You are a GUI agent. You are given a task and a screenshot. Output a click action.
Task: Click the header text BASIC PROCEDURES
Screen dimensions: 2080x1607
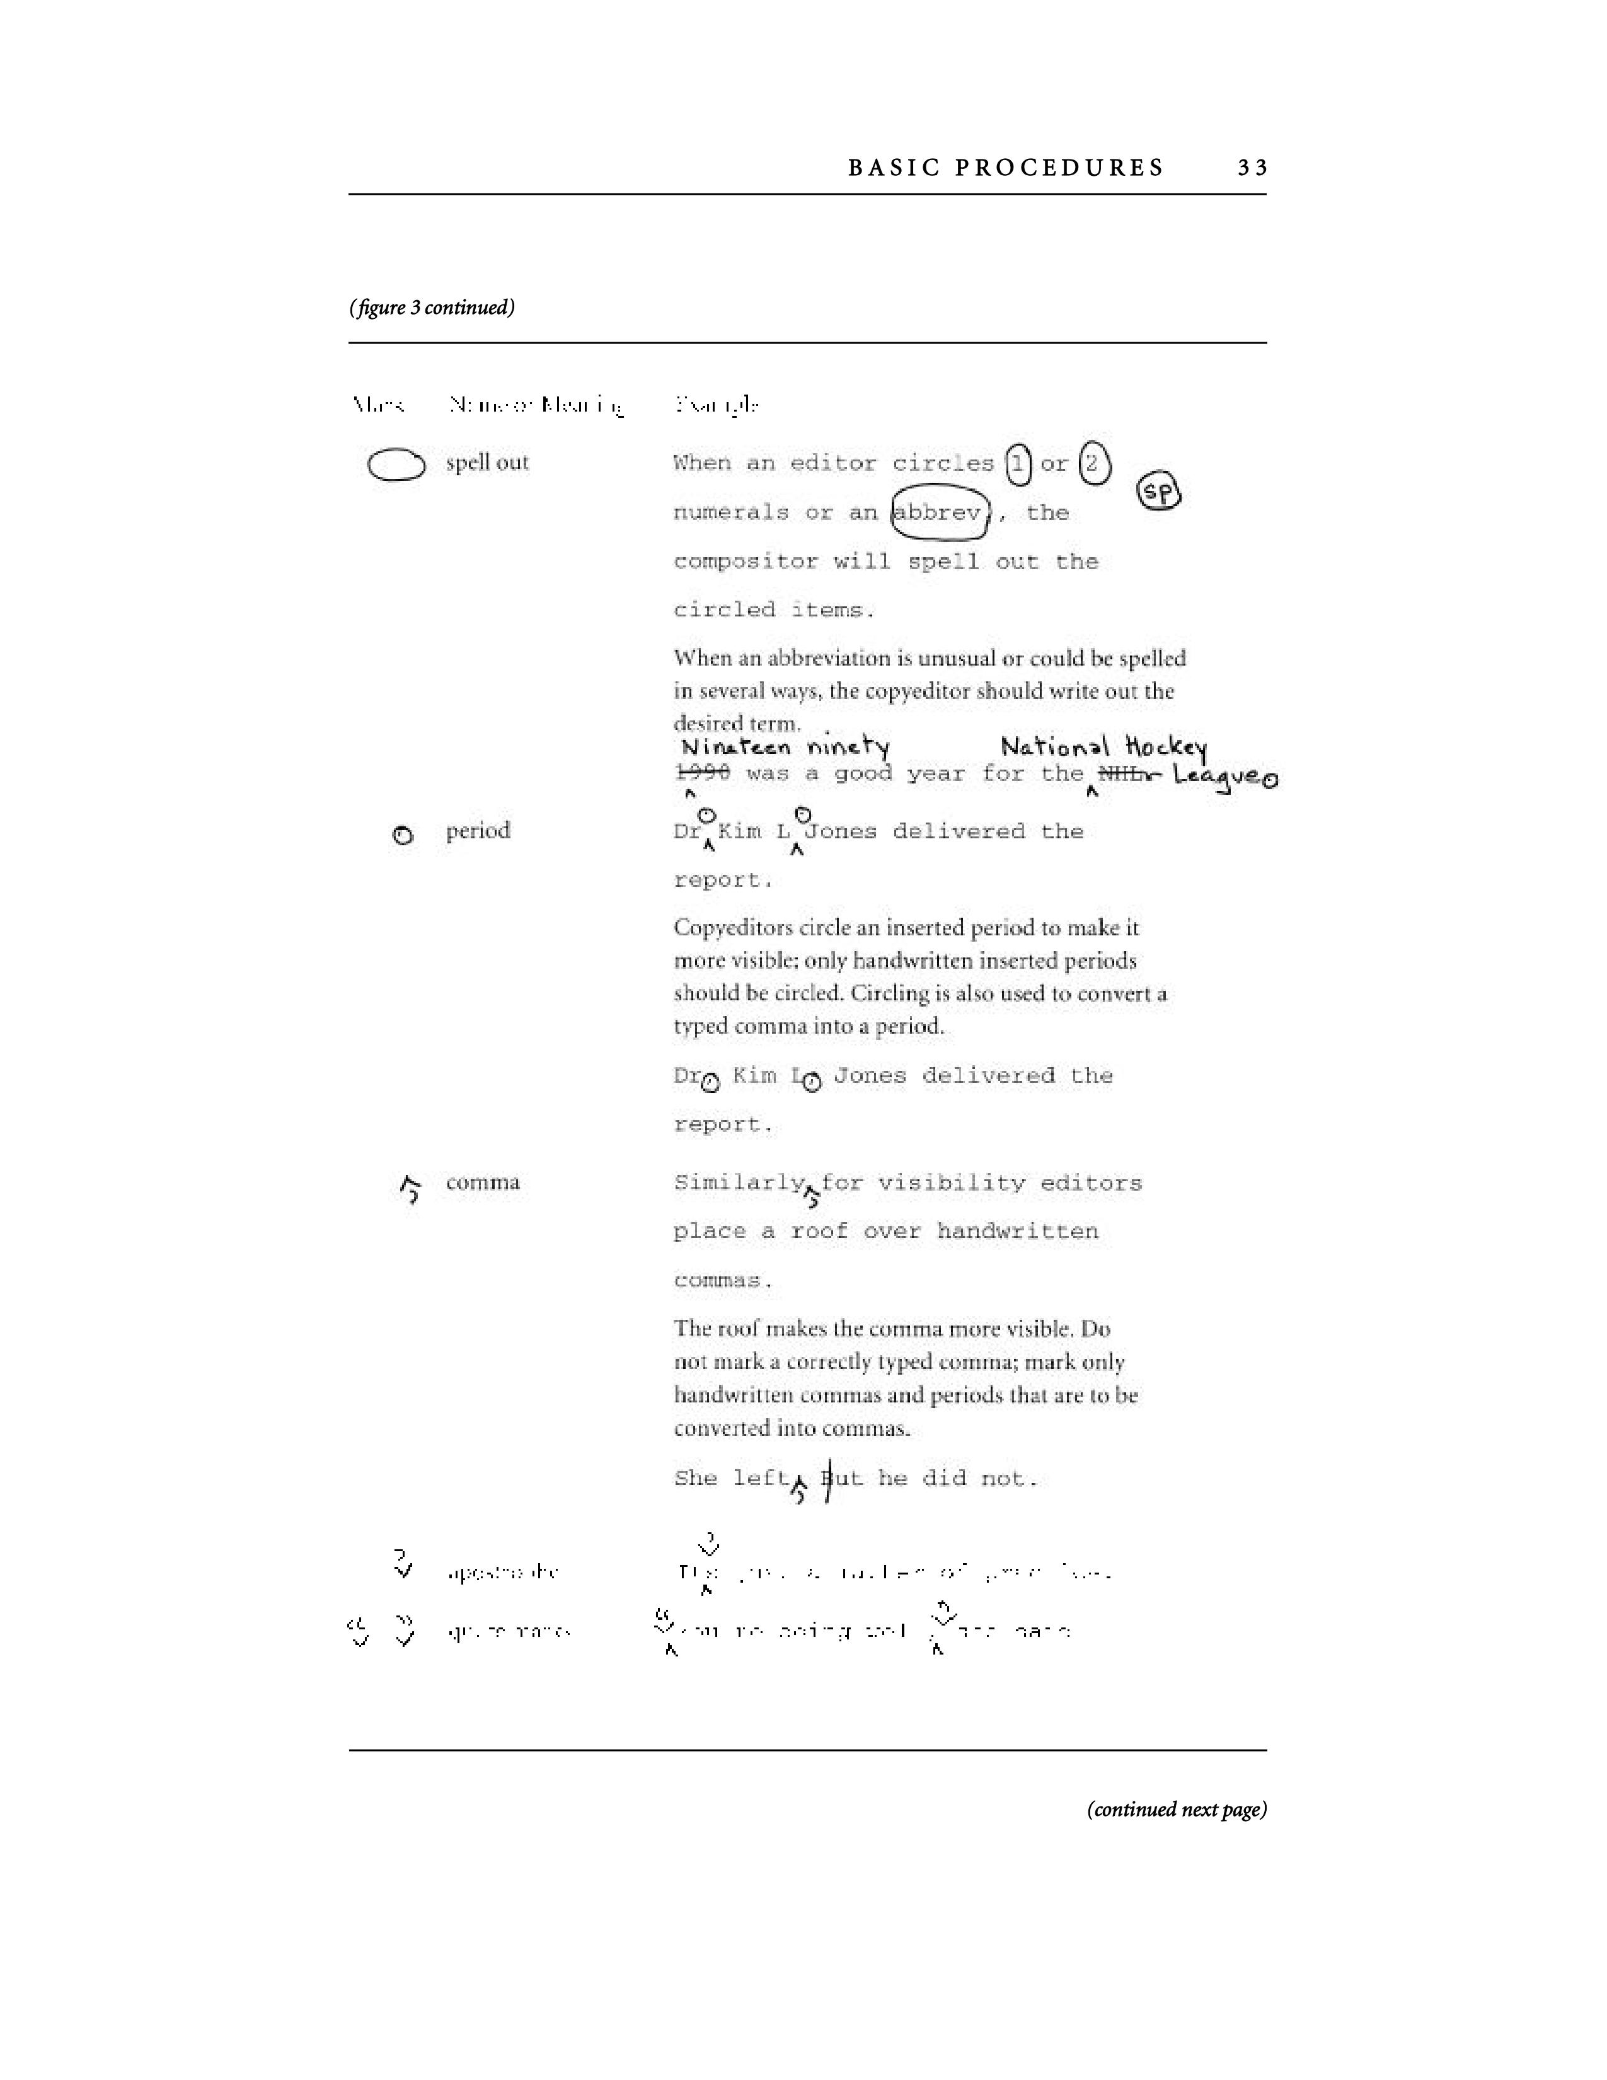click(x=1005, y=168)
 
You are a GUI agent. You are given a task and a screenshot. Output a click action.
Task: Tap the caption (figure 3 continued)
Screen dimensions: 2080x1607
click(x=432, y=308)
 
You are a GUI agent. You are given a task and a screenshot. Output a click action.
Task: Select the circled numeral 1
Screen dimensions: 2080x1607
click(x=1018, y=464)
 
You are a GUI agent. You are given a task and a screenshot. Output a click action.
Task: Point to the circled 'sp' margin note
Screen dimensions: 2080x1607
click(x=1158, y=492)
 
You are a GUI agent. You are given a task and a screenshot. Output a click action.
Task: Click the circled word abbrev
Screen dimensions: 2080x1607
click(x=940, y=513)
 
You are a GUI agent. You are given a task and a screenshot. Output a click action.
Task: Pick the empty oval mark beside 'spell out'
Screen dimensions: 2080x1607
click(x=396, y=465)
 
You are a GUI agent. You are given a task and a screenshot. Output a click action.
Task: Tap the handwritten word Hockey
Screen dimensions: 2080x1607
click(x=1165, y=748)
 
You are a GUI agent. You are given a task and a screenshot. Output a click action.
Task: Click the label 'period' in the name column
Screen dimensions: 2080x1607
click(x=478, y=831)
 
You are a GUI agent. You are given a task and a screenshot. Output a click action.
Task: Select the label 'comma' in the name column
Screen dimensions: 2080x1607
click(x=483, y=1183)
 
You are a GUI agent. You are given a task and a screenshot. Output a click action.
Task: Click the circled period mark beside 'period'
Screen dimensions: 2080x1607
click(x=403, y=835)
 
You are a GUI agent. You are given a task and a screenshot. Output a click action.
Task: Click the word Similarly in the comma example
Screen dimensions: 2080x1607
click(x=739, y=1183)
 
